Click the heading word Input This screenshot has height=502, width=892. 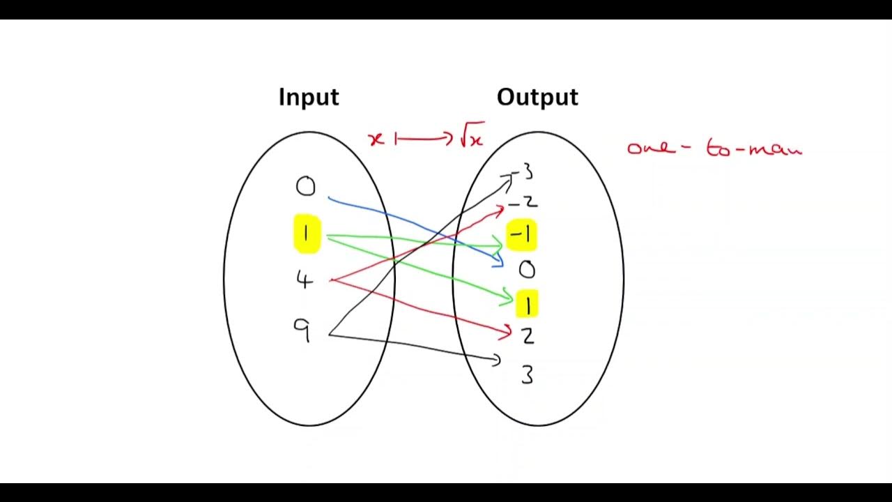click(309, 98)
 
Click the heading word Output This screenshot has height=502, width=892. click(537, 97)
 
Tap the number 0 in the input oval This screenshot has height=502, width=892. click(305, 186)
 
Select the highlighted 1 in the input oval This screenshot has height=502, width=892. click(306, 234)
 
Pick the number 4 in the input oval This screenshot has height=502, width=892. click(305, 280)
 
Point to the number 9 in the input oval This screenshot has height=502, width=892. click(302, 330)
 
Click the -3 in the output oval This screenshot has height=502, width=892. click(522, 172)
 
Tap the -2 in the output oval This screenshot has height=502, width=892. click(523, 202)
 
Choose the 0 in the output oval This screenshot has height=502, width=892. click(528, 270)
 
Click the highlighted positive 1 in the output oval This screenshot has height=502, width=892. click(528, 303)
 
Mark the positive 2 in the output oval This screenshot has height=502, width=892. click(528, 337)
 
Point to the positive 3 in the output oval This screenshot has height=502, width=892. click(528, 375)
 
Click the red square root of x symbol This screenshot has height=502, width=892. click(472, 135)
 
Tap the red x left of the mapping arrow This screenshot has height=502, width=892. click(376, 139)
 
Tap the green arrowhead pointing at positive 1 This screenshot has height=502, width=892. click(507, 297)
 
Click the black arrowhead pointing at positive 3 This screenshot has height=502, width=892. click(496, 360)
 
